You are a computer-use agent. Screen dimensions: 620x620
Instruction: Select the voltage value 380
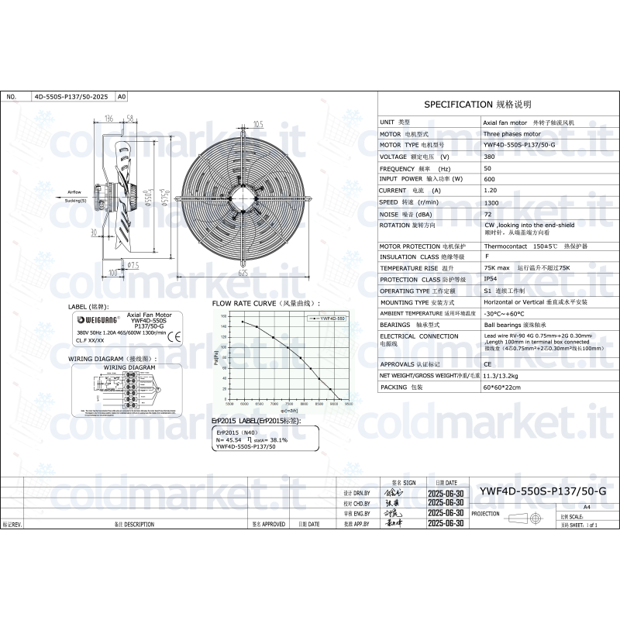click(x=489, y=157)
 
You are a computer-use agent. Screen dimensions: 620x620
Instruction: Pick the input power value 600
click(x=488, y=179)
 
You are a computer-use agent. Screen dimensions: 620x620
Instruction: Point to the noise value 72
click(x=487, y=213)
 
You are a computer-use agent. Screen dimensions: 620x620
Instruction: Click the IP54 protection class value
click(x=490, y=279)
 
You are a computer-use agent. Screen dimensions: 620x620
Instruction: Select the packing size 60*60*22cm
click(x=501, y=386)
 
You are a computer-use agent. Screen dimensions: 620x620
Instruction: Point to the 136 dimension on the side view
click(x=108, y=118)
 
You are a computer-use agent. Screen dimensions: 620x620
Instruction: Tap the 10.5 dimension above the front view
click(x=259, y=124)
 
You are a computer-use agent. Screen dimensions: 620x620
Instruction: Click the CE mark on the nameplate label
click(x=174, y=336)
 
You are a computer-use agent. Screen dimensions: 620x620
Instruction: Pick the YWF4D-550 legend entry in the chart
click(x=329, y=319)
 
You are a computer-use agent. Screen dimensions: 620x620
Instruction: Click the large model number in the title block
click(x=542, y=491)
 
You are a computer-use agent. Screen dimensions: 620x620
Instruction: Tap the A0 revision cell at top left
click(x=120, y=97)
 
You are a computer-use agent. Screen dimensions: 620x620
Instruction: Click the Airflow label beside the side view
click(x=74, y=191)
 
